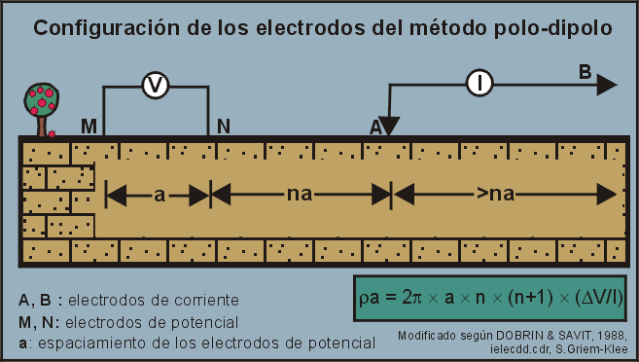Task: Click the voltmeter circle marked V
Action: pos(155,87)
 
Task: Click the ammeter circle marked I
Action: pos(479,85)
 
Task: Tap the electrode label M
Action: pos(89,127)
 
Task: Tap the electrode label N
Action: pos(224,127)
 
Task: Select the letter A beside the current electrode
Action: pos(375,127)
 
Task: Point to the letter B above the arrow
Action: pos(585,71)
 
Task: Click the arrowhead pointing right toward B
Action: pos(606,85)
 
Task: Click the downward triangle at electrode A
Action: pos(389,126)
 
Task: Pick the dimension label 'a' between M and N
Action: pos(159,195)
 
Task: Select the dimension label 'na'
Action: pos(300,195)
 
